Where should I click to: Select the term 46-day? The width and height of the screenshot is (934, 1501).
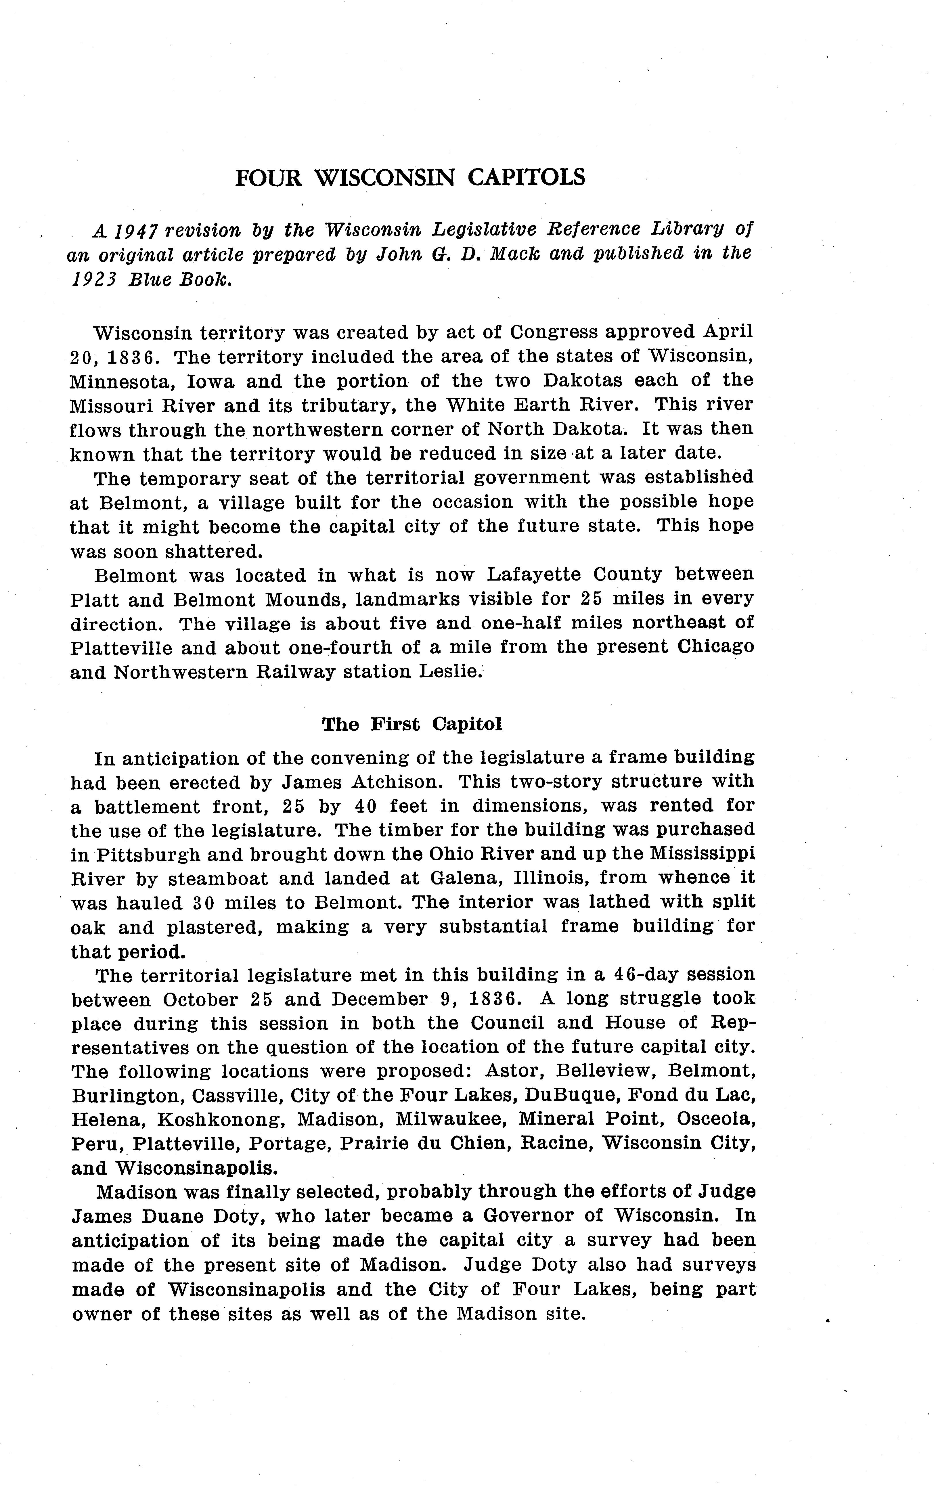click(x=649, y=975)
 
